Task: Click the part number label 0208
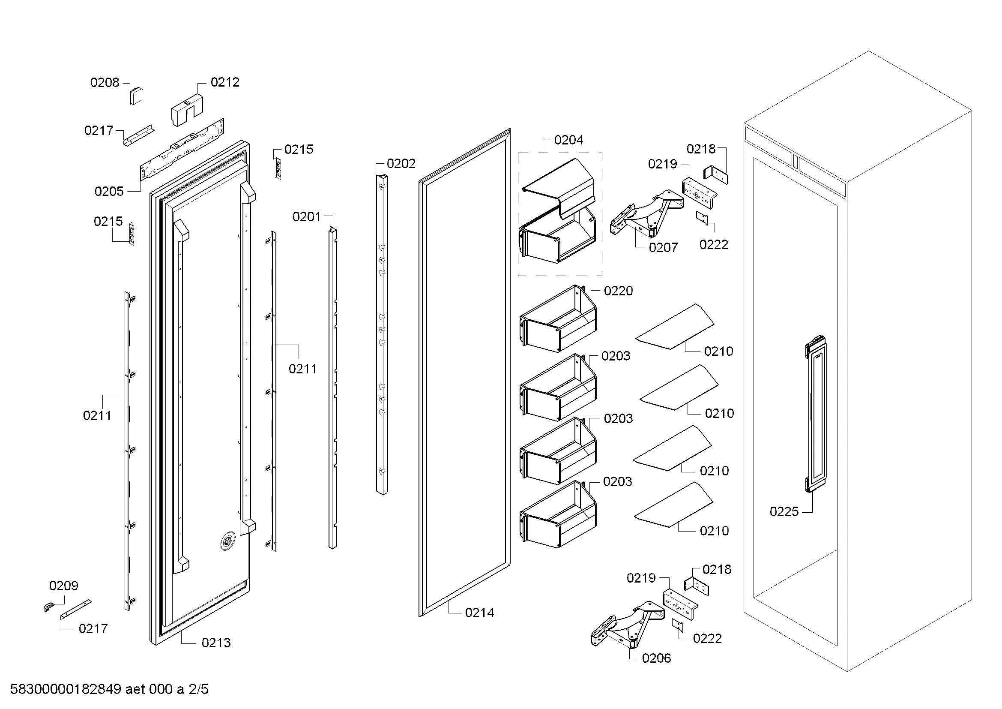coord(105,82)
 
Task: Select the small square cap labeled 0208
coord(137,95)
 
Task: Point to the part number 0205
coord(109,191)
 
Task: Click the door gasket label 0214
coord(480,613)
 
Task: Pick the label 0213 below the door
coord(216,643)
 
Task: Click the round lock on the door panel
coord(227,541)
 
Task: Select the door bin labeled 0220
coord(558,318)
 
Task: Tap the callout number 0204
coord(568,140)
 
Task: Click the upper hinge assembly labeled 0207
coord(646,213)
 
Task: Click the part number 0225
coord(784,511)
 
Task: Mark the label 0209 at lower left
coord(64,586)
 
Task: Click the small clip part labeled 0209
coord(49,607)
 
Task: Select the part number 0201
coord(307,216)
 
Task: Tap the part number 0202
coord(401,163)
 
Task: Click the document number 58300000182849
coord(66,689)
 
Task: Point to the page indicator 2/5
coord(199,689)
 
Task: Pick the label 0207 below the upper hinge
coord(663,247)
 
